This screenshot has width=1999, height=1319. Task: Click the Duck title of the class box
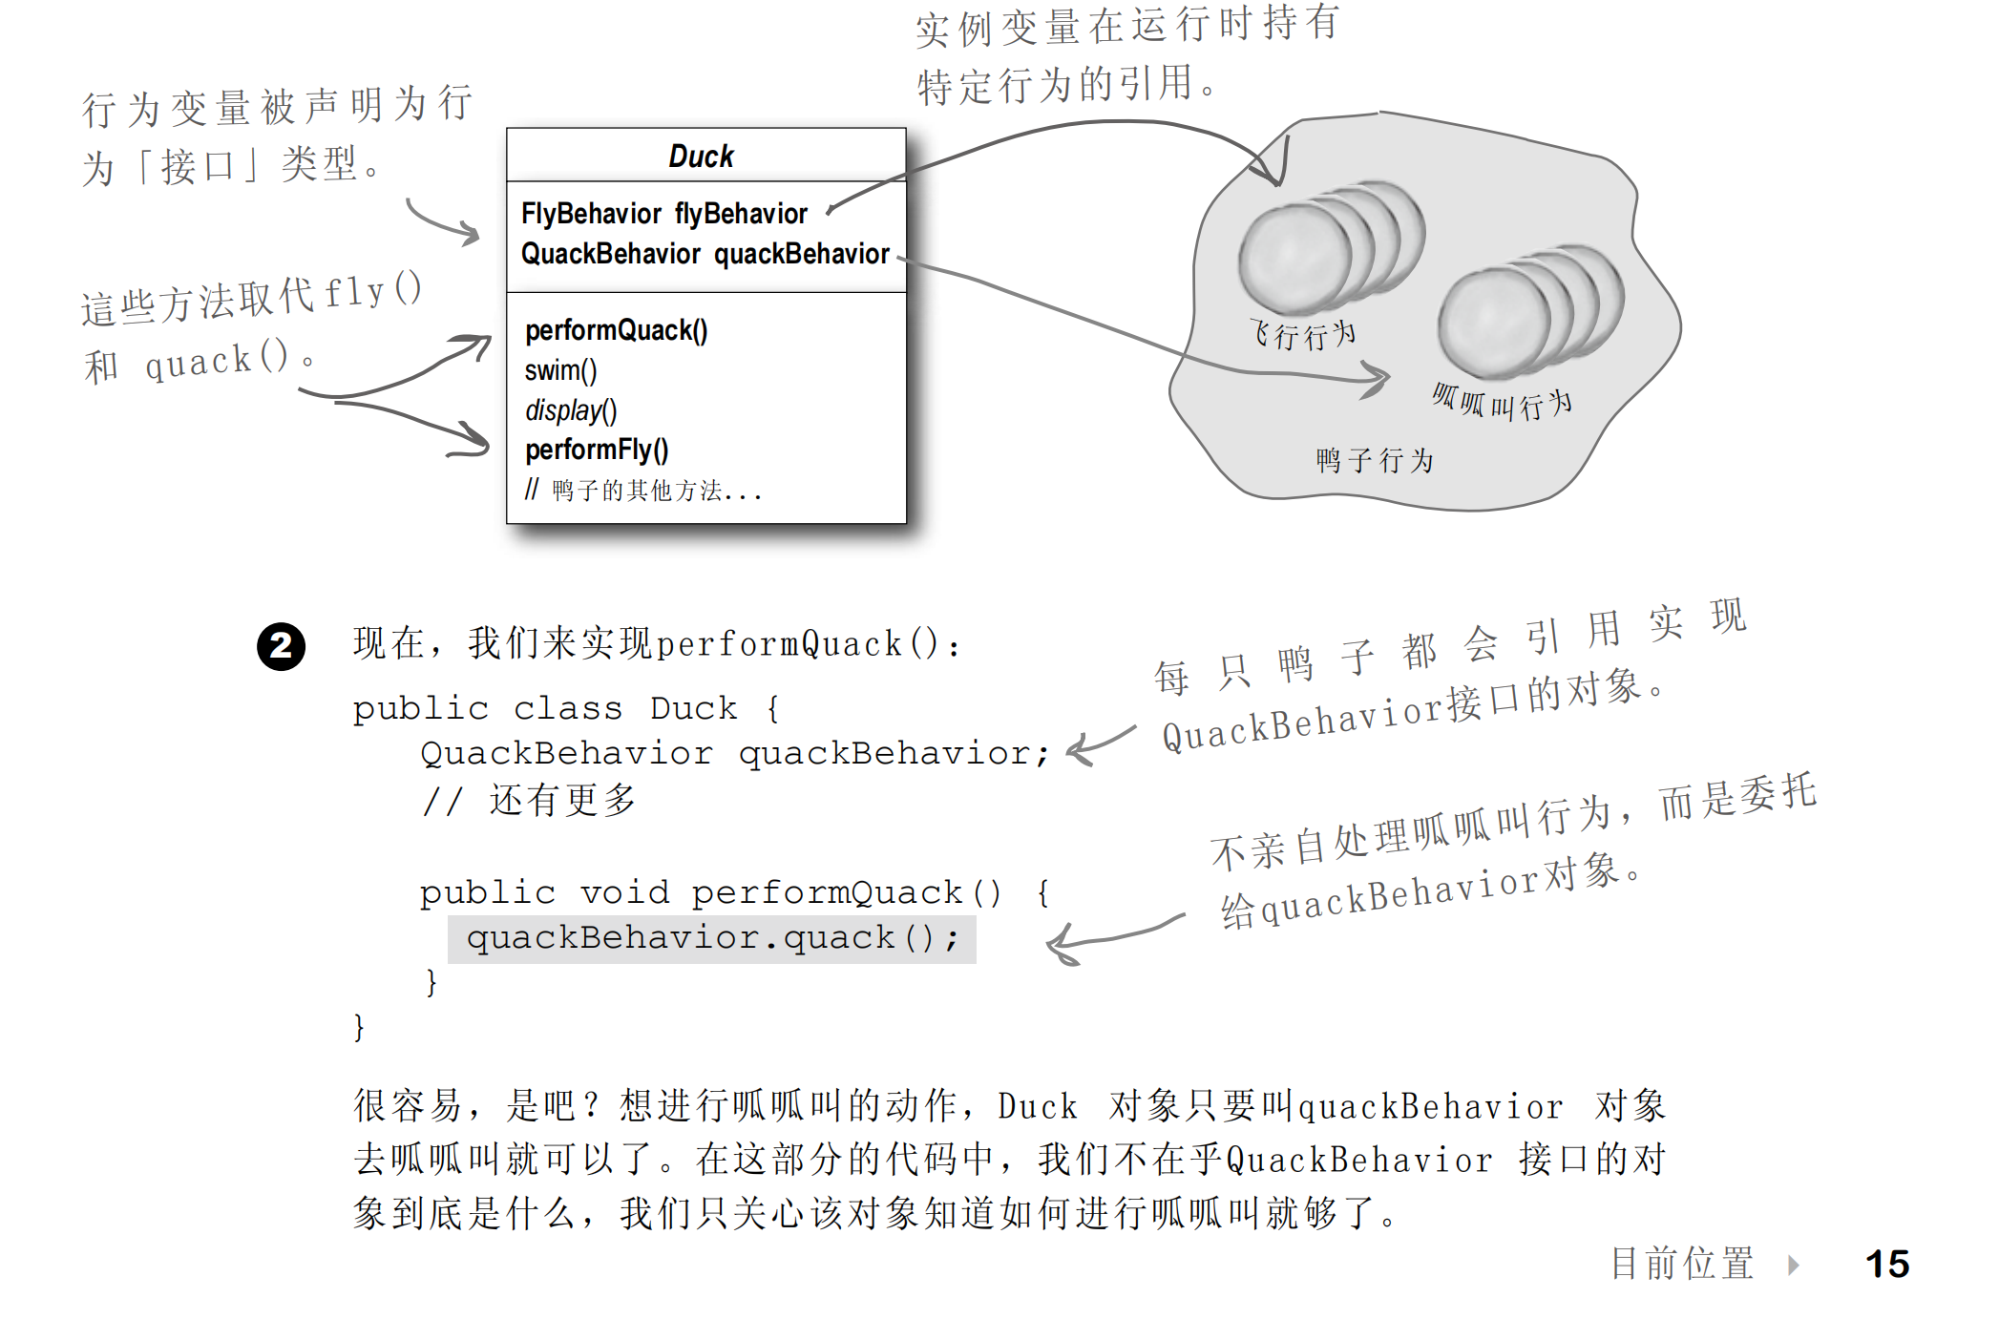[702, 156]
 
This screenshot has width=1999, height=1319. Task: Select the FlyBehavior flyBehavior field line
[664, 214]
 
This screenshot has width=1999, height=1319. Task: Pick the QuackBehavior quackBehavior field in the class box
[705, 254]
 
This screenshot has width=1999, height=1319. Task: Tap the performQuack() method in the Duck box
[617, 330]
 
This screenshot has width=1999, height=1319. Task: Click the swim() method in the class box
[560, 370]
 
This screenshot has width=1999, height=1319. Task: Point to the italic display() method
[571, 410]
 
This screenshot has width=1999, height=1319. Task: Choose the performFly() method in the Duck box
[597, 450]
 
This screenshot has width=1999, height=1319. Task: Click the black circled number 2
[281, 647]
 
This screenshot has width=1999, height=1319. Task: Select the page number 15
[1886, 1264]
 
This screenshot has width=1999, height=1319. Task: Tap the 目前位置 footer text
[1682, 1264]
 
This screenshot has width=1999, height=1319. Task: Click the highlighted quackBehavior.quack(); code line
[711, 938]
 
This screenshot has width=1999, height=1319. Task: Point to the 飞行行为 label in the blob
[1303, 335]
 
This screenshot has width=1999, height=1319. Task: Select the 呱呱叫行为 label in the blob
[1502, 403]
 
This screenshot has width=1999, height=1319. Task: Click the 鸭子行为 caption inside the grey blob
[1375, 461]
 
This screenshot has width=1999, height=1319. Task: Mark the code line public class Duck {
[566, 708]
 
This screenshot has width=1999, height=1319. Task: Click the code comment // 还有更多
[530, 800]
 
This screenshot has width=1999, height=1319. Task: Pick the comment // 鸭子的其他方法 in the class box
[642, 491]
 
